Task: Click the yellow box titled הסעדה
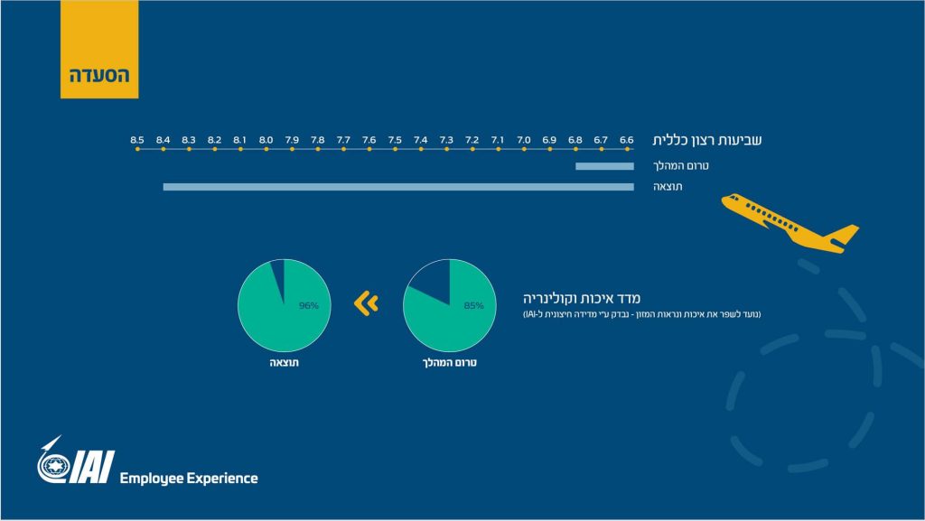[99, 49]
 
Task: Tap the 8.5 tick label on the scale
[137, 140]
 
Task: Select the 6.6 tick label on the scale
[627, 140]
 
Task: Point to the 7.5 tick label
[395, 140]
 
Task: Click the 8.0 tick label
[266, 140]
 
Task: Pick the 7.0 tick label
[524, 140]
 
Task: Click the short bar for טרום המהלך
[604, 166]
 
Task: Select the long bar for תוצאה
[398, 187]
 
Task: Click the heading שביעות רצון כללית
[706, 140]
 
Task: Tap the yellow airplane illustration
[790, 223]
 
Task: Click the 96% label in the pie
[309, 305]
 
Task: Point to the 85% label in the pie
[473, 305]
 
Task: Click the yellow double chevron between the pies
[367, 303]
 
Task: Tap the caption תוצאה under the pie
[285, 362]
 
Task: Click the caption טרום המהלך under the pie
[450, 362]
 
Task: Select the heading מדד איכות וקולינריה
[582, 298]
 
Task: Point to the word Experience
[222, 478]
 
